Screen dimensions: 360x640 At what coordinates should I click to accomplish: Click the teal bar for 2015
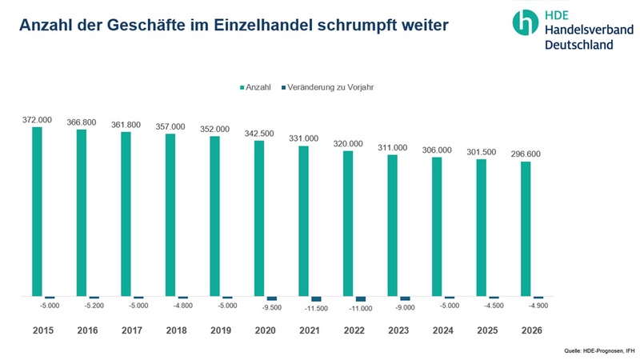click(x=37, y=212)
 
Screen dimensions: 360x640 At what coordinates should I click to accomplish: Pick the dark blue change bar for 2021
click(x=316, y=299)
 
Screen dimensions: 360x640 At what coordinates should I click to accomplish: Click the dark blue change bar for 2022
click(x=360, y=299)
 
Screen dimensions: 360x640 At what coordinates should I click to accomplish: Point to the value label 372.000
click(x=37, y=120)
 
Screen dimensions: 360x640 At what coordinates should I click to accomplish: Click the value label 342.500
click(x=259, y=133)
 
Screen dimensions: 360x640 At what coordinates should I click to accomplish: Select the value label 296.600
click(x=526, y=154)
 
